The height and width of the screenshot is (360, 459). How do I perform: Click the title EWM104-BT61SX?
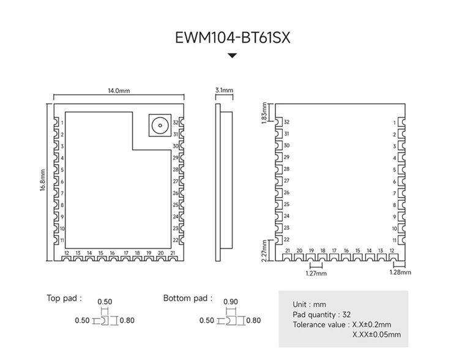[232, 38]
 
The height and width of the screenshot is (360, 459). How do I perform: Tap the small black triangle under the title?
[232, 56]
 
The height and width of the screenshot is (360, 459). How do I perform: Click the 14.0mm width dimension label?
[119, 91]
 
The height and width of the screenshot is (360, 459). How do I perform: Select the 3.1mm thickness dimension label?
[225, 91]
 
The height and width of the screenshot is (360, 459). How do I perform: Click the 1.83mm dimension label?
[264, 113]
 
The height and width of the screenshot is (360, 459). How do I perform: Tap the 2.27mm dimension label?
[264, 251]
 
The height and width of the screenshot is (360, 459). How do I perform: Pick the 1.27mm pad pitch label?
[316, 274]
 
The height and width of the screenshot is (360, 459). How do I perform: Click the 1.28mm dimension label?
[400, 272]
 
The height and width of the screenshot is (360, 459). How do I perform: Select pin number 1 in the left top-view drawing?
[63, 122]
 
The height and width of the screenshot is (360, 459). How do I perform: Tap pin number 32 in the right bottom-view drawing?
[287, 122]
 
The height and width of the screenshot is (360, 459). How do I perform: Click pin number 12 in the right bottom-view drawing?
[392, 251]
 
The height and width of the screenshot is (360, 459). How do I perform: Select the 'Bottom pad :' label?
[188, 298]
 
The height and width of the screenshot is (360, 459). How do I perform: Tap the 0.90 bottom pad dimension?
[231, 302]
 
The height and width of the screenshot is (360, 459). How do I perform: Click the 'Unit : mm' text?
[310, 304]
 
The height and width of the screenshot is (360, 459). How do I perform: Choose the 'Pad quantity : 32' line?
[322, 315]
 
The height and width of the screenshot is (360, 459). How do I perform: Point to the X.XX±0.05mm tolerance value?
[376, 335]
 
